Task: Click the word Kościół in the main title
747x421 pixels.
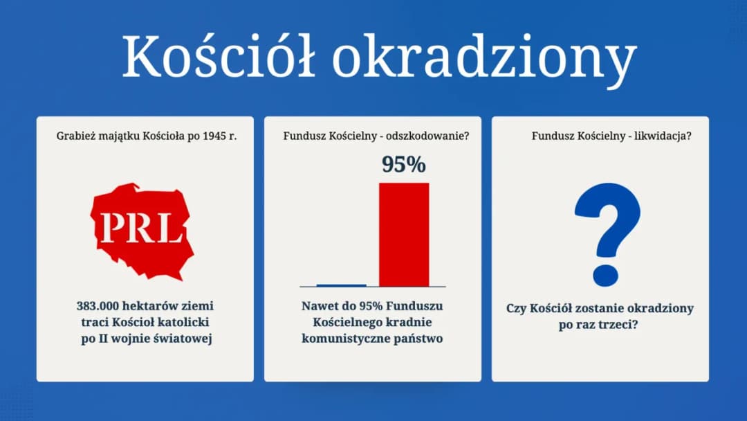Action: (x=219, y=56)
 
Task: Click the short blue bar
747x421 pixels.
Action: (x=341, y=285)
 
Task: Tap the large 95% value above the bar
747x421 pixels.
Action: (x=404, y=165)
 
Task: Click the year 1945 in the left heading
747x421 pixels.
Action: (x=209, y=136)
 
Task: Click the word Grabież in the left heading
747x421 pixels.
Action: (x=75, y=136)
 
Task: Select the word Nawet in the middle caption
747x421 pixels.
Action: (x=320, y=305)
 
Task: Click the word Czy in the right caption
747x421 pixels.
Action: (x=517, y=307)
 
